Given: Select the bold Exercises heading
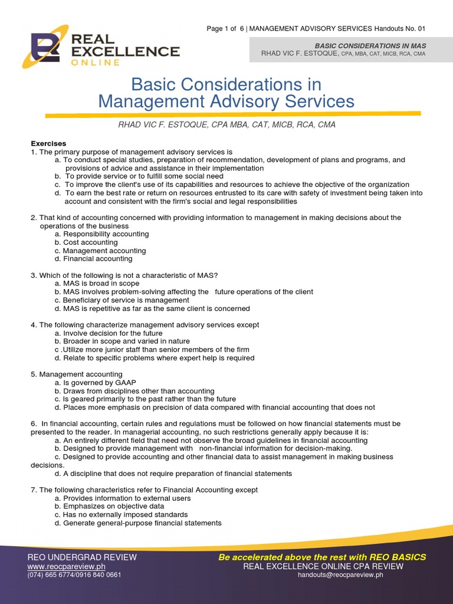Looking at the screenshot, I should [x=48, y=143].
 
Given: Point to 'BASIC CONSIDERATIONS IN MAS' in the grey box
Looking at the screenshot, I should [x=370, y=45].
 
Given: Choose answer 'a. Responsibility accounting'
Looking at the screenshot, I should [x=101, y=234].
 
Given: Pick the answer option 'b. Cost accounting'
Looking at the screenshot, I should [x=86, y=242].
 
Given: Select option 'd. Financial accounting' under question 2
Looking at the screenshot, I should [x=93, y=259].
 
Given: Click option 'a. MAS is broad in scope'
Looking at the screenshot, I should [x=97, y=284].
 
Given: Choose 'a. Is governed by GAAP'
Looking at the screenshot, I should [x=95, y=383].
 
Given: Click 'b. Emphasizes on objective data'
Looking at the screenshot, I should [x=109, y=507].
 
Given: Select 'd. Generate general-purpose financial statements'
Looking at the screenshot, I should [x=138, y=523].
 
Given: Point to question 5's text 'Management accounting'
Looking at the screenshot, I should [x=81, y=375].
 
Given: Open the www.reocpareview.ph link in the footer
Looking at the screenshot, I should [x=62, y=566].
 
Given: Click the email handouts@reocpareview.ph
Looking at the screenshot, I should [x=340, y=575].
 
